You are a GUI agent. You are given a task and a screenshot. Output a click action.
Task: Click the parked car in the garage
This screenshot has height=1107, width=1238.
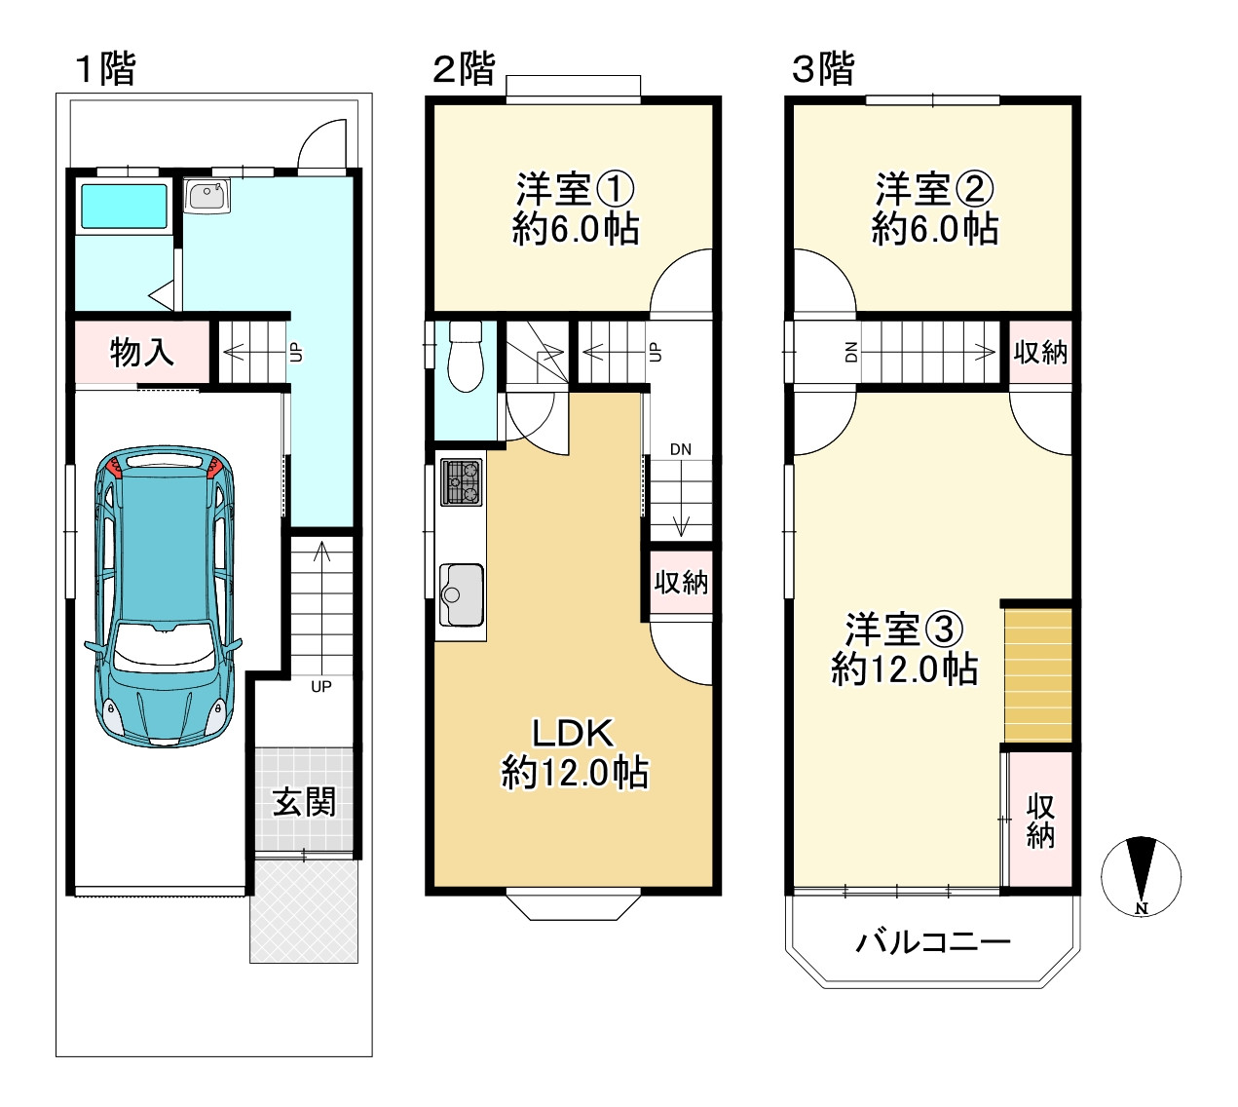point(164,596)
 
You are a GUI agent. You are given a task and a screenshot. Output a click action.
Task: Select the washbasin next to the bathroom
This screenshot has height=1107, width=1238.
point(206,196)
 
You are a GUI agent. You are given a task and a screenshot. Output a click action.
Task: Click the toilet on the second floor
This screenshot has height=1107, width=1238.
point(466,357)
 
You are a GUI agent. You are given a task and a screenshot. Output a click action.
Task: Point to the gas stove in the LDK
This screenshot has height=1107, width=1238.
point(462,482)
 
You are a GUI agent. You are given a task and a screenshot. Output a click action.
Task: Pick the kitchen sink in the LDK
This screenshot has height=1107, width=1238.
point(462,594)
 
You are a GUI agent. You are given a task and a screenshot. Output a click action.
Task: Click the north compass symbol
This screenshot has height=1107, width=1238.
point(1141,877)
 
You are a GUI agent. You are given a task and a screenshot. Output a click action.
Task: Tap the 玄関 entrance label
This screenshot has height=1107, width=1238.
point(304,802)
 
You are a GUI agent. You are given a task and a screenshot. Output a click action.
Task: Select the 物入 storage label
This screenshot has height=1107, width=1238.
point(141,353)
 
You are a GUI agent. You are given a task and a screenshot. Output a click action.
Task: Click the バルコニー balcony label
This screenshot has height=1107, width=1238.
point(932,942)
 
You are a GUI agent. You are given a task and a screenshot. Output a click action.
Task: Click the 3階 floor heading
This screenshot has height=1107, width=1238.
point(822,68)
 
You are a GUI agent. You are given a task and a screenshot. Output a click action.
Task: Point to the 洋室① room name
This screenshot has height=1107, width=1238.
point(575,189)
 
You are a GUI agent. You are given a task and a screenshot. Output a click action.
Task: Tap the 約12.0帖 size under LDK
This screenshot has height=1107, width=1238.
point(575,773)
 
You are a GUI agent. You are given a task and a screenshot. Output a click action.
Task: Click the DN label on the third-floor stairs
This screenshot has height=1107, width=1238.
point(851,352)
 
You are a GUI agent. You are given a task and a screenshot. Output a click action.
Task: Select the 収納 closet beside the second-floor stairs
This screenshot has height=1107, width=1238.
point(681,582)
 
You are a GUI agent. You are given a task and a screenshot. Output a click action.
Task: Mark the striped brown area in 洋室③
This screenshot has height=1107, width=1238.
point(1038,675)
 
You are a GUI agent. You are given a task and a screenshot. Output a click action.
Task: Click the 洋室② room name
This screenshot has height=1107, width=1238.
point(934,189)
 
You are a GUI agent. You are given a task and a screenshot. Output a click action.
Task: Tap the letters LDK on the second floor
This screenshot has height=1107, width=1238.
point(573,734)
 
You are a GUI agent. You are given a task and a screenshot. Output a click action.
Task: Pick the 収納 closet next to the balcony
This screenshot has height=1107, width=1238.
point(1040,820)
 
